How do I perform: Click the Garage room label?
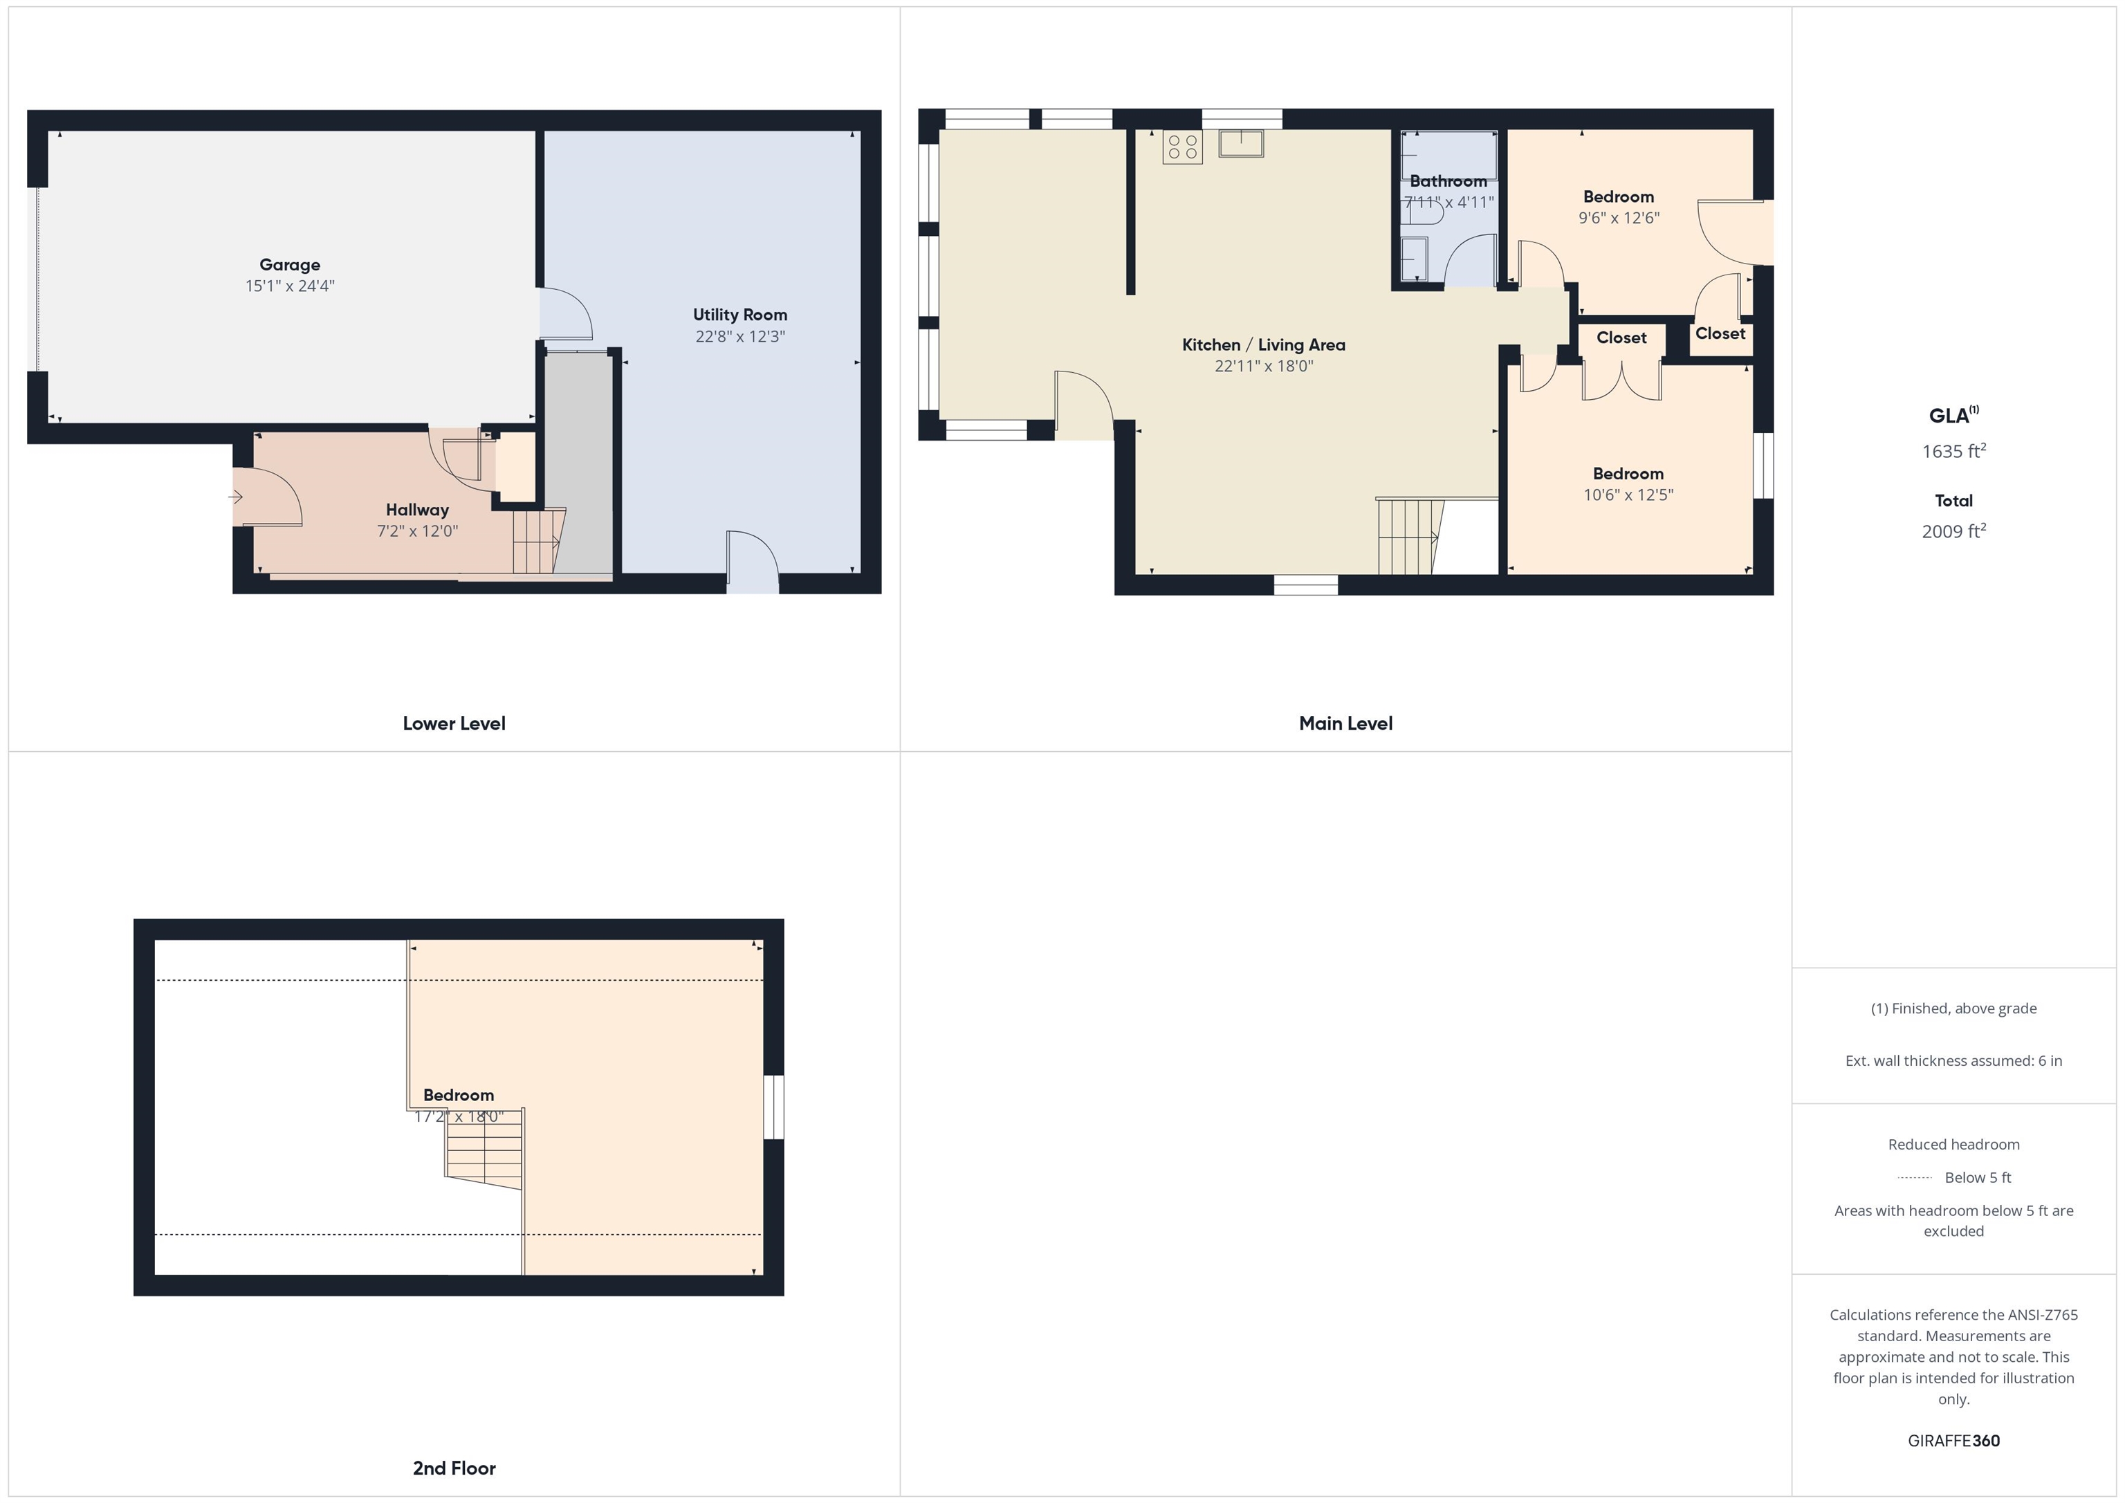290,265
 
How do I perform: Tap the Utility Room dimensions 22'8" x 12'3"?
740,336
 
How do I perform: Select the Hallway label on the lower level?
417,510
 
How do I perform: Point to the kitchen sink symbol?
1241,142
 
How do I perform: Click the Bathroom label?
1448,181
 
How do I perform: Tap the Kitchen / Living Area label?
1263,344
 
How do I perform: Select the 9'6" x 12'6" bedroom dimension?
1619,217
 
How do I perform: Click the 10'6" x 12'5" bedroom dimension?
1628,495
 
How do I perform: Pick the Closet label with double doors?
1621,338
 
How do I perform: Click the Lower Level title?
454,723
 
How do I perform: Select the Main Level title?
1345,723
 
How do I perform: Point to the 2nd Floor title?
454,1468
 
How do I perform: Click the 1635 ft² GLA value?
1953,451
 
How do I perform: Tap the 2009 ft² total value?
1953,531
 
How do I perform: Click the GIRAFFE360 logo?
1953,1441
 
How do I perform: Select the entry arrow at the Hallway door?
236,497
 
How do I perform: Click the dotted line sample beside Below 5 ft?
1914,1178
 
